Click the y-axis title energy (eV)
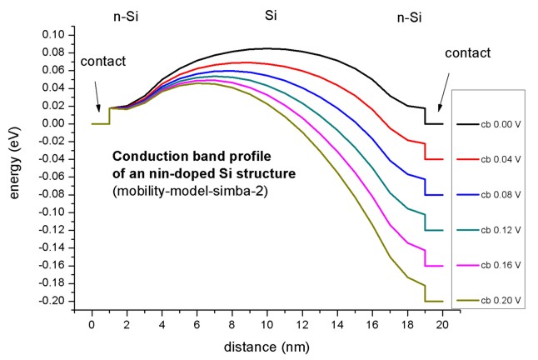click(x=15, y=167)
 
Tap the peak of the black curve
click(x=267, y=48)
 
